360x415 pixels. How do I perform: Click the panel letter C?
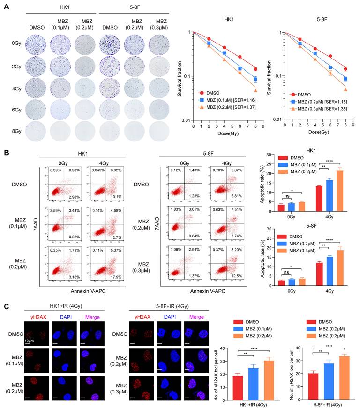tap(6, 307)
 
